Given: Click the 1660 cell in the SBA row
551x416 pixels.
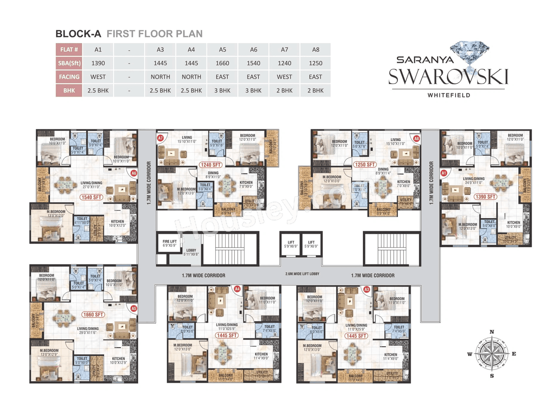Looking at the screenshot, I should pos(222,63).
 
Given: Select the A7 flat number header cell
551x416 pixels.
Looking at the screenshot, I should pos(285,50).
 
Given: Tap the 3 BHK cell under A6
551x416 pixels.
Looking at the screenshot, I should pos(254,90).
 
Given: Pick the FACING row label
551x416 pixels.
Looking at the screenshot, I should pos(69,77).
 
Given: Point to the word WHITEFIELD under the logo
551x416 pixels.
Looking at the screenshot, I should pos(449,95).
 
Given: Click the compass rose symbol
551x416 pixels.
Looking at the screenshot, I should pos(492,354).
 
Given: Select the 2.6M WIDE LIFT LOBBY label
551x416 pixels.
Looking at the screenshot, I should pos(302,274).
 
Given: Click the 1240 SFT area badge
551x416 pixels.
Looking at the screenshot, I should pos(210,165).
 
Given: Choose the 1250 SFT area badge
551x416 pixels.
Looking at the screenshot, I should pos(365,165).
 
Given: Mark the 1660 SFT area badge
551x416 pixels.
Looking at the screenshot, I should pos(93,314).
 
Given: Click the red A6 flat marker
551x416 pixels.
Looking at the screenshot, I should pos(133,173).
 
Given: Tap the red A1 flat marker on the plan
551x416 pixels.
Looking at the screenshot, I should pos(444,173).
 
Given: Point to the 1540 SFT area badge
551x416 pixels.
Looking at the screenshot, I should pos(92,197).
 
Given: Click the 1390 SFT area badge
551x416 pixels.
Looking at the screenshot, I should pos(486,197).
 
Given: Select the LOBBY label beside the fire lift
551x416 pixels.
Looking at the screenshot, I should pos(191,252).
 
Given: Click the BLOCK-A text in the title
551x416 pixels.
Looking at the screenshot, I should pos(78,34).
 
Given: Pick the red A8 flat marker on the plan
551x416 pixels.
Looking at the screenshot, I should pos(416,139).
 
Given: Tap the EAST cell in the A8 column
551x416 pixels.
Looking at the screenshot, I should pos(316,77).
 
